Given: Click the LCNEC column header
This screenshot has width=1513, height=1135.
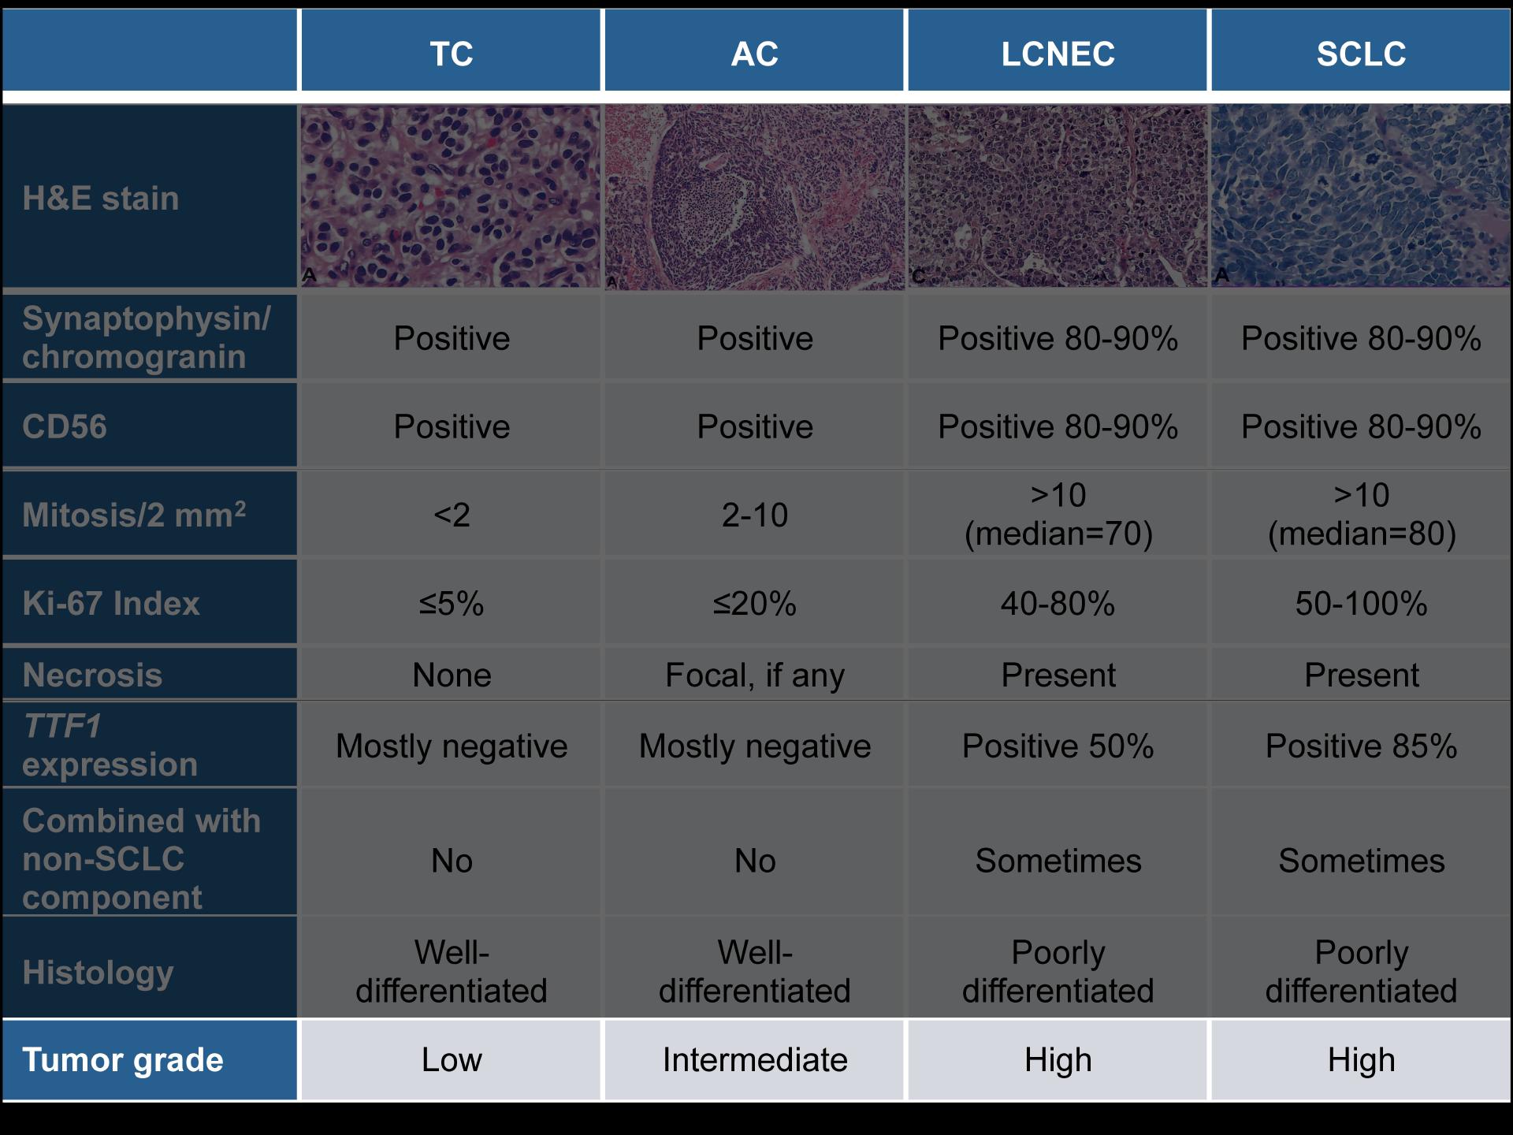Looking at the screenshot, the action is tap(1058, 54).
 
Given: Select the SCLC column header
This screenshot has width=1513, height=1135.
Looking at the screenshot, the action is tap(1361, 54).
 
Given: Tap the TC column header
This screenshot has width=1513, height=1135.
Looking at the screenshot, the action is tap(452, 54).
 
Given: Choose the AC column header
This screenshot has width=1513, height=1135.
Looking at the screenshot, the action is tap(755, 54).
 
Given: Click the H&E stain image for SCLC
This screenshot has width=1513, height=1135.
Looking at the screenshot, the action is tap(1361, 196).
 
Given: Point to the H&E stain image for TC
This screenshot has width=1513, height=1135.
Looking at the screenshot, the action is tap(451, 196).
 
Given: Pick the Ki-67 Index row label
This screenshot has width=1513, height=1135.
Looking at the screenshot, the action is tap(111, 603).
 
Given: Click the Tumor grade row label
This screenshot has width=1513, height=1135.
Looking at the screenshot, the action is tap(123, 1060).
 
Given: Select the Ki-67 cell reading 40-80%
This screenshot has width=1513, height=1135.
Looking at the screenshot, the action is tap(1058, 604).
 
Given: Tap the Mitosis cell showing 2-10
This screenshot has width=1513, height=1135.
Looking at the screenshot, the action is tap(755, 515).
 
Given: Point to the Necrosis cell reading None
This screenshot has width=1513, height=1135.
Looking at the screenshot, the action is tap(452, 675).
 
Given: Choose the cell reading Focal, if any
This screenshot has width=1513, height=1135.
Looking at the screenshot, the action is tap(755, 675).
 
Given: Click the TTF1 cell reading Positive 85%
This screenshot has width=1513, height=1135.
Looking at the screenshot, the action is tap(1361, 746).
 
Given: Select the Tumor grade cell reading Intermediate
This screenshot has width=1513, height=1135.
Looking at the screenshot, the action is tap(755, 1060).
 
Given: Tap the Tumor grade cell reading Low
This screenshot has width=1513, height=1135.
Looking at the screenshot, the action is tap(452, 1060).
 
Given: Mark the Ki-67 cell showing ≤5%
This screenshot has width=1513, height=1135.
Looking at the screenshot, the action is tap(452, 604).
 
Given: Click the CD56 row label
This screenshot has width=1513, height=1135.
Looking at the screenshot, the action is tap(65, 426).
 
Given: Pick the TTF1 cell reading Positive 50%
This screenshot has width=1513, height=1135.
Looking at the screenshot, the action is tap(1058, 746).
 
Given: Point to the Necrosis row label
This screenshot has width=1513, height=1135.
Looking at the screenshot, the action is tap(92, 675).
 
